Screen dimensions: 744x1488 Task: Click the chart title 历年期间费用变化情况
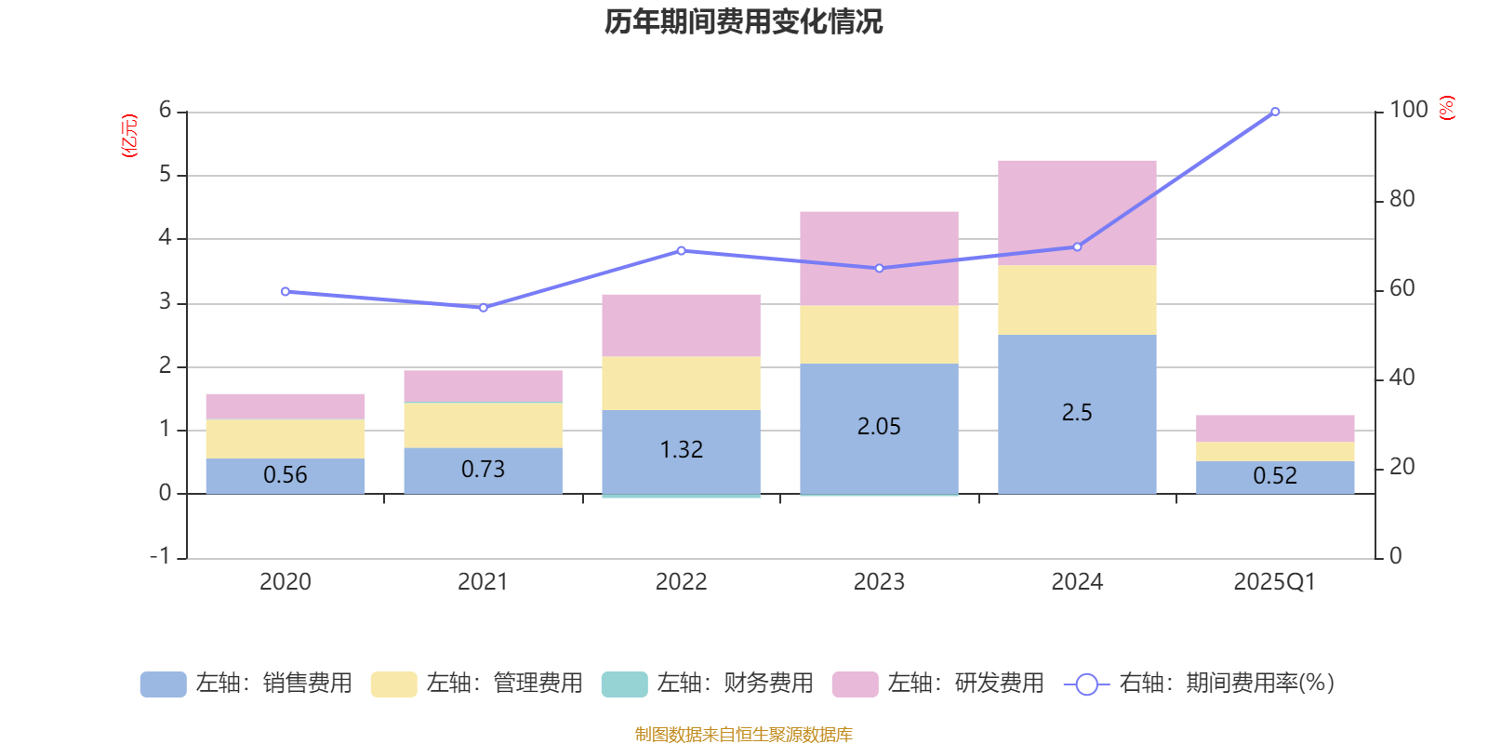pos(743,21)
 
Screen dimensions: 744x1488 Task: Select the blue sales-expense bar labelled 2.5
pos(1077,413)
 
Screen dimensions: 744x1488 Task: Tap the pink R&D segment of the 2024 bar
pos(1077,213)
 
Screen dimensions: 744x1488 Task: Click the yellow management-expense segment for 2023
pos(879,335)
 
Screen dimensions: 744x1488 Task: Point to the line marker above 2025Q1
pos(1275,112)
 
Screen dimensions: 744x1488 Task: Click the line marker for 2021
pos(484,308)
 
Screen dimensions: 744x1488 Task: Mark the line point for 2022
pos(681,250)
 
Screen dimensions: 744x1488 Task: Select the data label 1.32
pos(681,450)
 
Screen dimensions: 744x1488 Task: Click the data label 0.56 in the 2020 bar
pos(285,475)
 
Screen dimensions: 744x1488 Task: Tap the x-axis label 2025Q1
pos(1274,582)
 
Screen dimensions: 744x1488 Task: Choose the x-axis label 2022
pos(681,582)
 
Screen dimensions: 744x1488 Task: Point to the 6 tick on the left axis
pos(166,111)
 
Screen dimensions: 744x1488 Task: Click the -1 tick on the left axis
pos(161,556)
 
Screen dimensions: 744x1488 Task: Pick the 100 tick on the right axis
pos(1408,110)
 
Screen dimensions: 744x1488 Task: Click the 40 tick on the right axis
pos(1402,378)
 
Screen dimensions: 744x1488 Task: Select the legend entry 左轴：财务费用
pos(708,684)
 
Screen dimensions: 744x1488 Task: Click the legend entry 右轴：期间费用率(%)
pos(1200,684)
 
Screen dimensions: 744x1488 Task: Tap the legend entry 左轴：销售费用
pos(246,684)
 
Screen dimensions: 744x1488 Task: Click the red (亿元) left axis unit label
pos(129,136)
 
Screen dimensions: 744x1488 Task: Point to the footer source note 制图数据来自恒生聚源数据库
pos(743,735)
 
